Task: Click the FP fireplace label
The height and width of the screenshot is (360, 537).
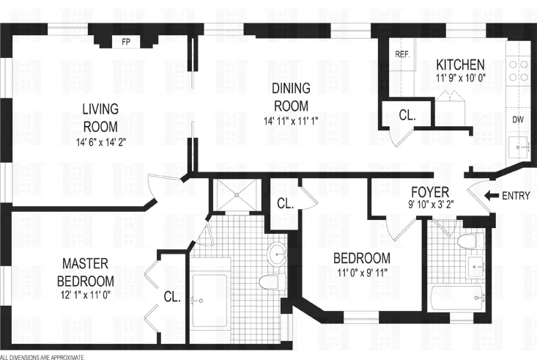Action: pos(125,42)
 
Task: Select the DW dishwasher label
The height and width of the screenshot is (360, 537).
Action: pos(517,119)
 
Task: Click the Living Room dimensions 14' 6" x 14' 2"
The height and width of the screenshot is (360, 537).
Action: pos(100,143)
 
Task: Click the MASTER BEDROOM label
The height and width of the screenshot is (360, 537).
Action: pos(87,271)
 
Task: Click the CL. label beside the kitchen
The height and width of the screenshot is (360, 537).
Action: pos(407,114)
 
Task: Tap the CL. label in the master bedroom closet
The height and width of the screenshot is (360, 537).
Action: pos(171,297)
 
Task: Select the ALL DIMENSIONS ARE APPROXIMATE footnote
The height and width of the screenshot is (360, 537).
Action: pos(42,356)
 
